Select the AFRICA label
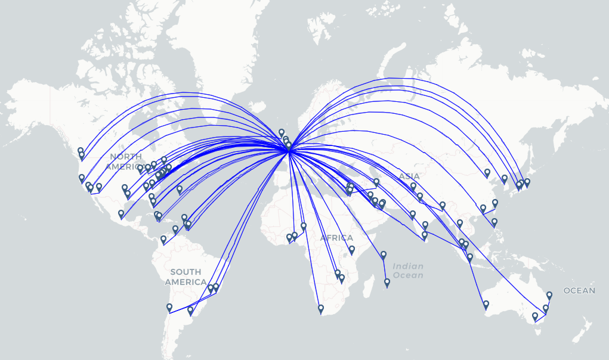(x=336, y=238)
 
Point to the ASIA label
(x=409, y=176)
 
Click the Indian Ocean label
(x=408, y=271)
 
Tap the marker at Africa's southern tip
(x=321, y=309)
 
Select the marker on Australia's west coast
(x=486, y=305)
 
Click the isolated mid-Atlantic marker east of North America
(x=180, y=190)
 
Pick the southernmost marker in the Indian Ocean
(x=387, y=283)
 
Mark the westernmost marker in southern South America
(x=169, y=308)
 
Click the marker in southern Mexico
(x=121, y=214)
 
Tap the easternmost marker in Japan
(x=527, y=182)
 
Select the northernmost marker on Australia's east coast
(x=549, y=296)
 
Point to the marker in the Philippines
(x=494, y=223)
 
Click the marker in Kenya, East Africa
(x=352, y=250)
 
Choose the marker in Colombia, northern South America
(x=163, y=240)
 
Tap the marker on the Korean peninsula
(x=505, y=179)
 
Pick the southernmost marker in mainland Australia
(x=535, y=316)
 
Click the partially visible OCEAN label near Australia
(x=579, y=291)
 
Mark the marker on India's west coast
(x=412, y=215)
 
